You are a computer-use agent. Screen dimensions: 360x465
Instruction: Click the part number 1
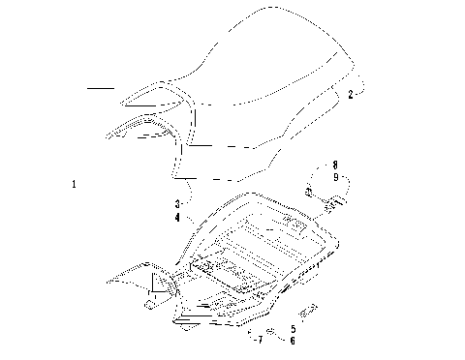click(x=76, y=183)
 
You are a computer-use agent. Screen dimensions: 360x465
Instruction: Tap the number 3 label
click(x=177, y=205)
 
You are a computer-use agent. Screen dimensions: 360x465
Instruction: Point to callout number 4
click(x=177, y=218)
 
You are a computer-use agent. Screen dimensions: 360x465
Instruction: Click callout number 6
click(x=294, y=340)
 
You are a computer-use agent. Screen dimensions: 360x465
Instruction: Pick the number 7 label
click(x=259, y=340)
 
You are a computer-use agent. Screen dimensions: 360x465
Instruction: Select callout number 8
click(x=334, y=165)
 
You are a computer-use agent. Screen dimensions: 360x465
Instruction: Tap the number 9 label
click(x=334, y=177)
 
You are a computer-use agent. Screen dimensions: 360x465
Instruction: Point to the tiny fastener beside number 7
click(x=248, y=338)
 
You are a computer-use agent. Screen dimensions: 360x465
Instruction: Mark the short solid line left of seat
click(x=101, y=89)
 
